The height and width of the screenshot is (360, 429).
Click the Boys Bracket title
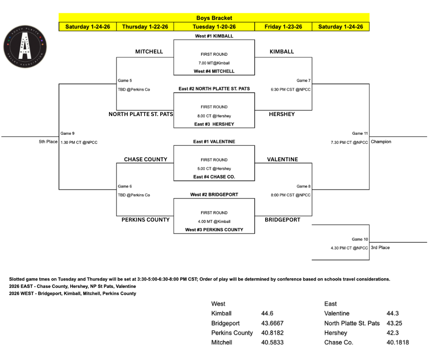point(214,18)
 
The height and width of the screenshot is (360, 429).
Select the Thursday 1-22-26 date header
point(145,27)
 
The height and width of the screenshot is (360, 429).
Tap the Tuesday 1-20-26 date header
point(214,27)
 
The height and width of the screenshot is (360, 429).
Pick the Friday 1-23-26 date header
point(283,27)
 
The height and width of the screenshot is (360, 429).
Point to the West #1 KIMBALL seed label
point(214,36)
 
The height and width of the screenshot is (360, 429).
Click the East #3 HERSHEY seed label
point(214,124)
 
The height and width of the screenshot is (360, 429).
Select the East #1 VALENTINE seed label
point(214,142)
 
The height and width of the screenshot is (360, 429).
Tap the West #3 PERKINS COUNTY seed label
point(214,230)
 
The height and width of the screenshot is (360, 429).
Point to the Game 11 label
point(360,133)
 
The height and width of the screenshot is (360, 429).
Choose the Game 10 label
point(360,239)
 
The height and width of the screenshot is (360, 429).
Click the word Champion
point(381,142)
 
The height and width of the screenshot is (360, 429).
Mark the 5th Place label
point(48,142)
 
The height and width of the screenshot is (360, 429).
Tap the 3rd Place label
point(380,248)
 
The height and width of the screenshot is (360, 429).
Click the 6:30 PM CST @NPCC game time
point(290,90)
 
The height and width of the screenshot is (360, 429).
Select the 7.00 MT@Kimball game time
point(214,63)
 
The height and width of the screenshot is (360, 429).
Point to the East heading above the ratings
point(330,304)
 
